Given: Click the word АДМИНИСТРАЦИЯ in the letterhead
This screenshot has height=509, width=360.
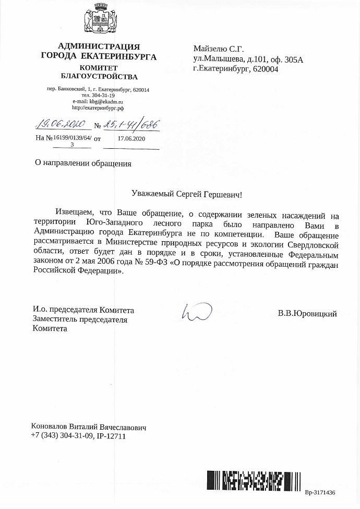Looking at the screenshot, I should pyautogui.click(x=99, y=46).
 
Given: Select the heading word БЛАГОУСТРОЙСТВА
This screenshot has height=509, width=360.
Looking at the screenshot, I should pyautogui.click(x=99, y=77).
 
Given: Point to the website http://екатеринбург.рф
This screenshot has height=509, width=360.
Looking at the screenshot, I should pyautogui.click(x=98, y=108).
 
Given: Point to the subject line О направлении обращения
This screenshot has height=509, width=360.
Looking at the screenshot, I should pyautogui.click(x=83, y=163).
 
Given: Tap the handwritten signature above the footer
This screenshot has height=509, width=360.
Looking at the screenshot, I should pyautogui.click(x=196, y=312).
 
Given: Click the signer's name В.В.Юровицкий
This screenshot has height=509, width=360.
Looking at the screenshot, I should pyautogui.click(x=307, y=314).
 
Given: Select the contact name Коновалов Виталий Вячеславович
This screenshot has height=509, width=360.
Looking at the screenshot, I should pyautogui.click(x=89, y=427).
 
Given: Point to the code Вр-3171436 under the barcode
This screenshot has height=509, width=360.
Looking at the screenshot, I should pyautogui.click(x=320, y=492).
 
